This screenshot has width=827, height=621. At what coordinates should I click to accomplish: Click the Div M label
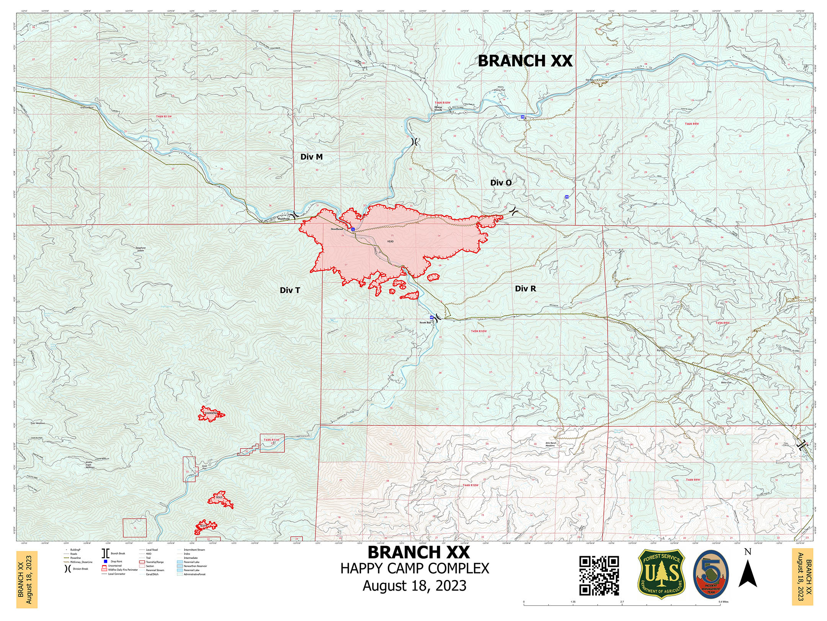(311, 157)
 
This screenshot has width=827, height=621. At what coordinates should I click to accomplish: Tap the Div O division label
(501, 183)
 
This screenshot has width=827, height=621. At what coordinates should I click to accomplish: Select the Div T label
(290, 290)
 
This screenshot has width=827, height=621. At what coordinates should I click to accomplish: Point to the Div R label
(525, 289)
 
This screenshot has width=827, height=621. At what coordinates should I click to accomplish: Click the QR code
(599, 575)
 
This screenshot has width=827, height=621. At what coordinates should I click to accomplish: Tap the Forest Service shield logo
(661, 574)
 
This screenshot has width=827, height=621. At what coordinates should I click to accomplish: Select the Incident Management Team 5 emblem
(711, 574)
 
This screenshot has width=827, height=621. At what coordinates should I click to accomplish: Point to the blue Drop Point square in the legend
(105, 561)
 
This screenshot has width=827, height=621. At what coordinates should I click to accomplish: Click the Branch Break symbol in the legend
(104, 554)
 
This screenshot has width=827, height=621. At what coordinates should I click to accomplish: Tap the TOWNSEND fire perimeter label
(211, 413)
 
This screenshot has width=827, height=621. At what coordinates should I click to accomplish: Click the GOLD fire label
(219, 497)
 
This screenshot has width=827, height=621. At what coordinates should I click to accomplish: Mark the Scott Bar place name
(425, 322)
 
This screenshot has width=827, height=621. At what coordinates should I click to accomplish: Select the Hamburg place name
(283, 219)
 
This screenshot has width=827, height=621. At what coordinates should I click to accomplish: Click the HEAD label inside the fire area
(390, 242)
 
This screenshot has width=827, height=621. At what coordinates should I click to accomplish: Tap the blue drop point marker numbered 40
(431, 317)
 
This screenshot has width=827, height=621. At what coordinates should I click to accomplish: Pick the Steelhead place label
(337, 229)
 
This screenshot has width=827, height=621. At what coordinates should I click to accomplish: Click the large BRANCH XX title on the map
(525, 61)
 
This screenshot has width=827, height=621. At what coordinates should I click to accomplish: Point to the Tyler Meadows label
(38, 423)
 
